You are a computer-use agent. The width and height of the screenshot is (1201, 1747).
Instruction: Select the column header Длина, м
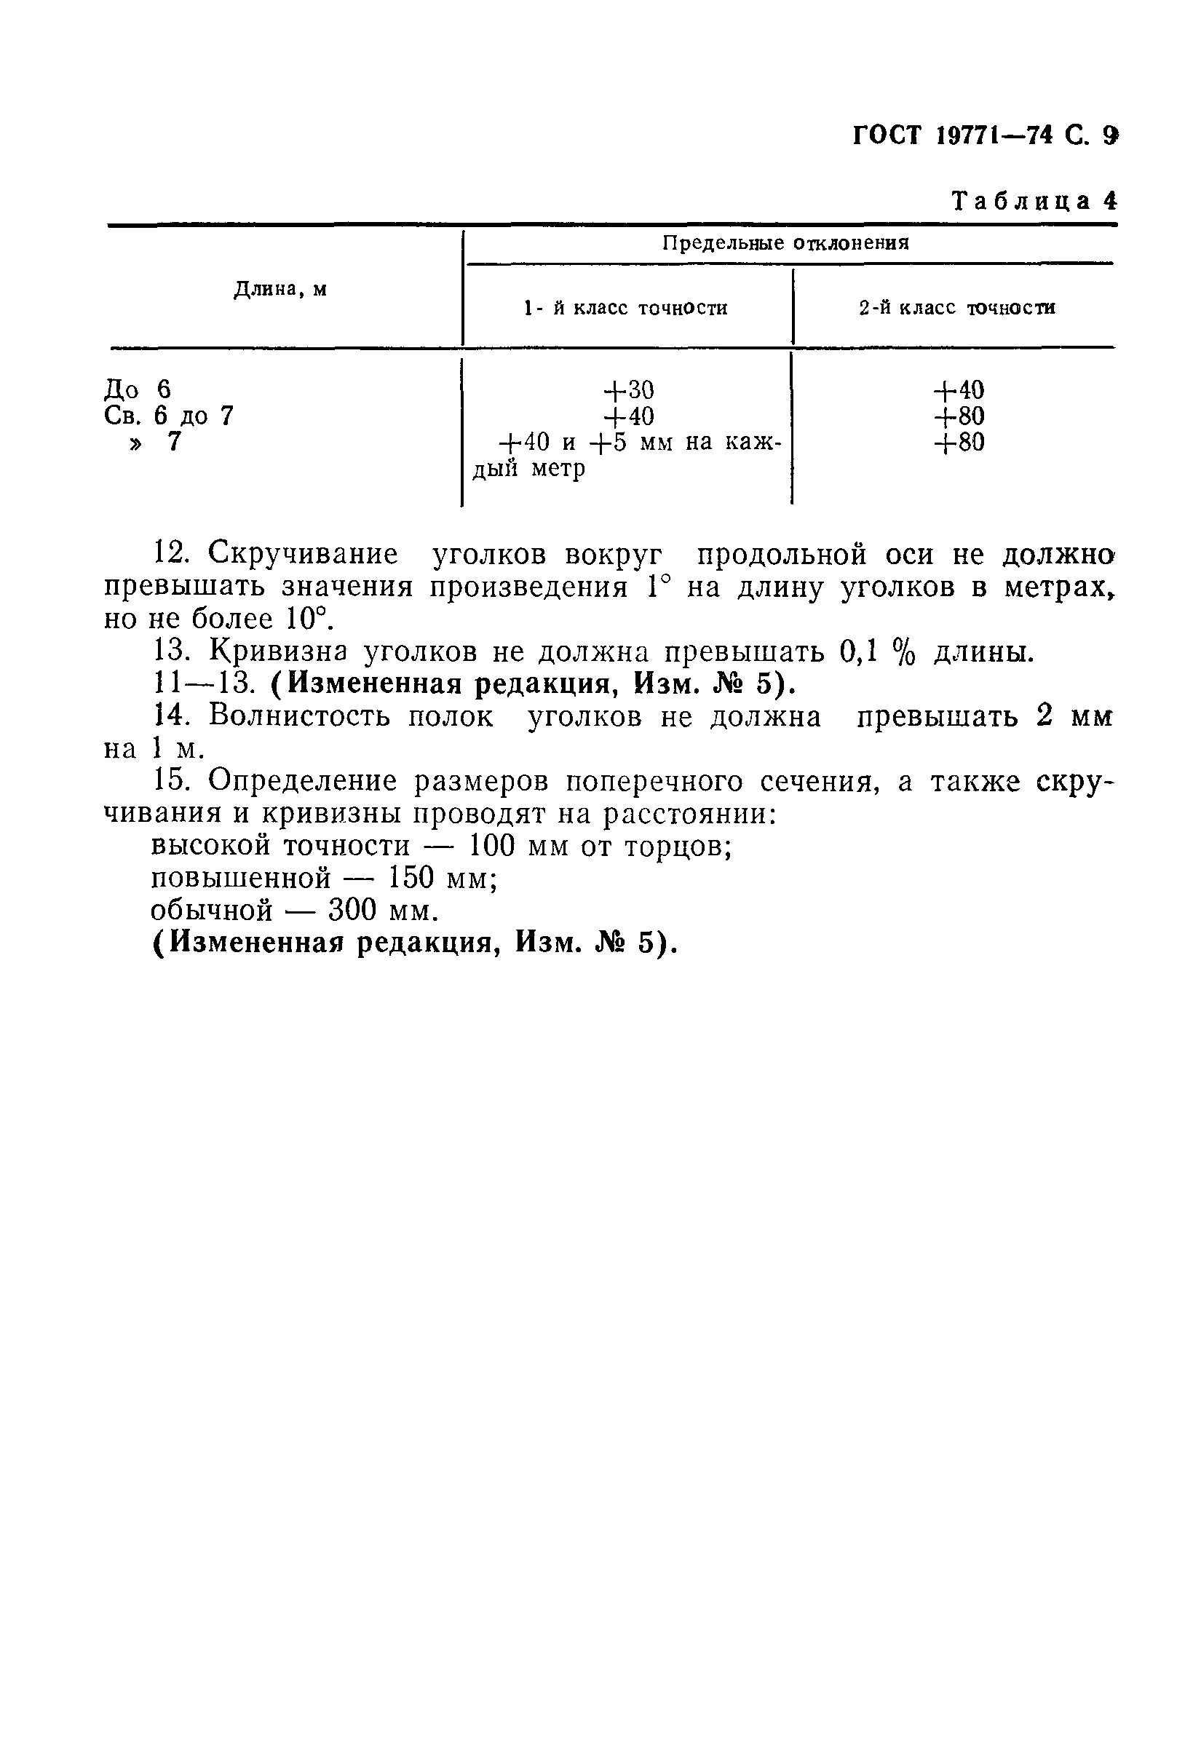280,289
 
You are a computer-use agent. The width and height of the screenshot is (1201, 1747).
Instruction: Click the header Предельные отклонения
785,243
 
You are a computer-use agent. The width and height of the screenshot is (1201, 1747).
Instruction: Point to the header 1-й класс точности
625,308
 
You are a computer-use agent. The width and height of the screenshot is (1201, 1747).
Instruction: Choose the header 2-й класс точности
956,308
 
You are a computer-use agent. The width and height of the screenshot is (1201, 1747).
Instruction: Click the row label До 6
137,389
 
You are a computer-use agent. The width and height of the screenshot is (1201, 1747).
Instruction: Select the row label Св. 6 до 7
169,416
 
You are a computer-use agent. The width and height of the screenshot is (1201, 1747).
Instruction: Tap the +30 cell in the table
628,389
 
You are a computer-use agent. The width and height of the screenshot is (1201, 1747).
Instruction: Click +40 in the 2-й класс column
958,389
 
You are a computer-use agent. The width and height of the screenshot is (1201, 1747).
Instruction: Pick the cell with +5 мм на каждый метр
640,454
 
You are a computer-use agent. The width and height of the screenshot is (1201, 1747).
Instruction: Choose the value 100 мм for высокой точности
515,847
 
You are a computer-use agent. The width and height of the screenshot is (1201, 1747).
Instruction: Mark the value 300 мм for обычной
383,911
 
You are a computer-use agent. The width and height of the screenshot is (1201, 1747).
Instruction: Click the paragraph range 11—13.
202,684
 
